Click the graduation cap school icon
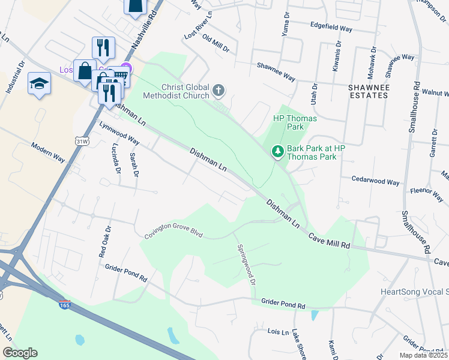coord(39,83)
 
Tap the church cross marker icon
coord(218,91)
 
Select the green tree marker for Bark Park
coord(277,152)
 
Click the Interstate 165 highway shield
coord(65,305)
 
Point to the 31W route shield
coord(82,141)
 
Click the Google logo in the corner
coord(20,353)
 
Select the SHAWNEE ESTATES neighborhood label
coord(369,91)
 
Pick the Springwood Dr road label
coord(246,264)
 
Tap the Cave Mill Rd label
coord(330,241)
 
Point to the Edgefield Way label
coord(331,27)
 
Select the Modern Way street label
coord(48,153)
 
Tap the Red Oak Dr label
coord(104,242)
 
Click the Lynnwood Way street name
coord(119,134)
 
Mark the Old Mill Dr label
coord(215,44)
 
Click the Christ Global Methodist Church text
coord(176,91)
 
